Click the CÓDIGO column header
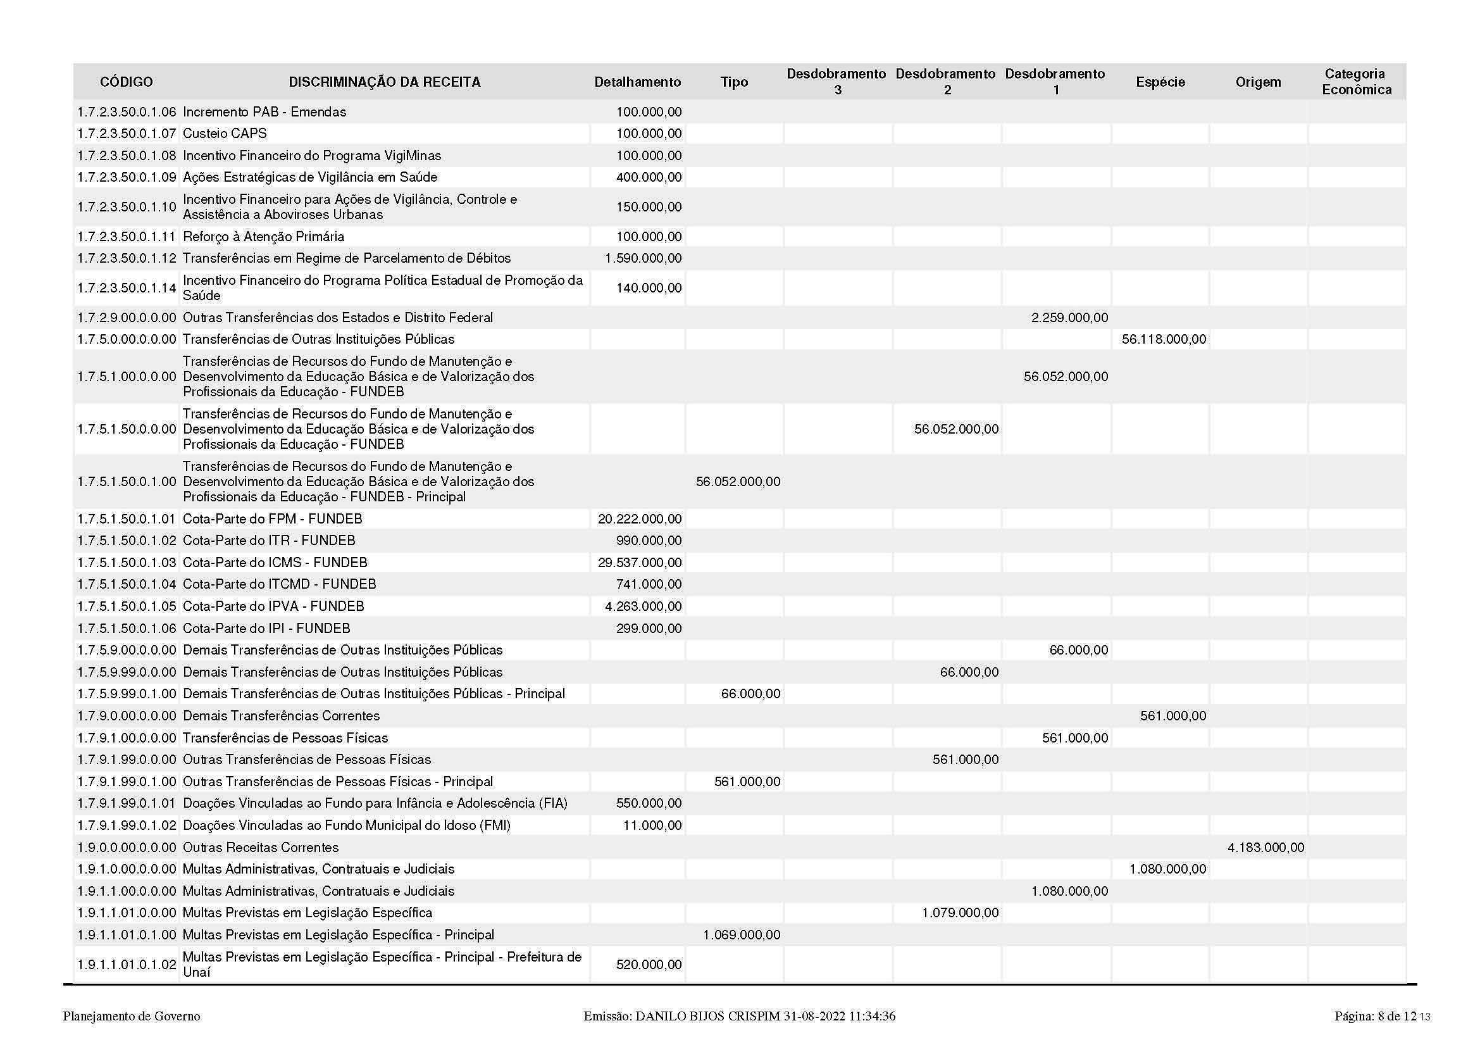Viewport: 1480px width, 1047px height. pos(127,82)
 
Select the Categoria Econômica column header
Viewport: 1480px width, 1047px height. pos(1356,82)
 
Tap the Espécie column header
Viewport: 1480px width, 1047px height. pos(1160,82)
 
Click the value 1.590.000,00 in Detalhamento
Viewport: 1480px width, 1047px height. pos(643,258)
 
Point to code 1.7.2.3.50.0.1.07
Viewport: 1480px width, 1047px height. pos(127,134)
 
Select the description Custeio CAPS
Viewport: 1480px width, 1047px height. pos(225,134)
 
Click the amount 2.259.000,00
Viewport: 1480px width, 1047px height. pos(1069,318)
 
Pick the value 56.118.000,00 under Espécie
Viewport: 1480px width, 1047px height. pos(1164,339)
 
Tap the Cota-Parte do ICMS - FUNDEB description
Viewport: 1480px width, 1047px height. pos(275,563)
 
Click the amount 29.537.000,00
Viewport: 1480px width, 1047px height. pos(640,563)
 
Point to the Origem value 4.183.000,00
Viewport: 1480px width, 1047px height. pos(1265,848)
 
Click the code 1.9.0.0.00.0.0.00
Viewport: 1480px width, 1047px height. pos(127,848)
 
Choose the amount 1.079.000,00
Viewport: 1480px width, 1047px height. pos(960,913)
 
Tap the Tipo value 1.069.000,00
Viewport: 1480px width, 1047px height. pos(742,935)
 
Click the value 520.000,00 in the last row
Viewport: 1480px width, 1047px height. pos(649,965)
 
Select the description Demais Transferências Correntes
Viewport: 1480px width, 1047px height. pos(281,717)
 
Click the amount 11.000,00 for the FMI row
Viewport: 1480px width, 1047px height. pos(652,826)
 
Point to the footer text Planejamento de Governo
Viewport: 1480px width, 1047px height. pos(132,1017)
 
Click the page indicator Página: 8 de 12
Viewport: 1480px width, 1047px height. pos(1375,1017)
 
